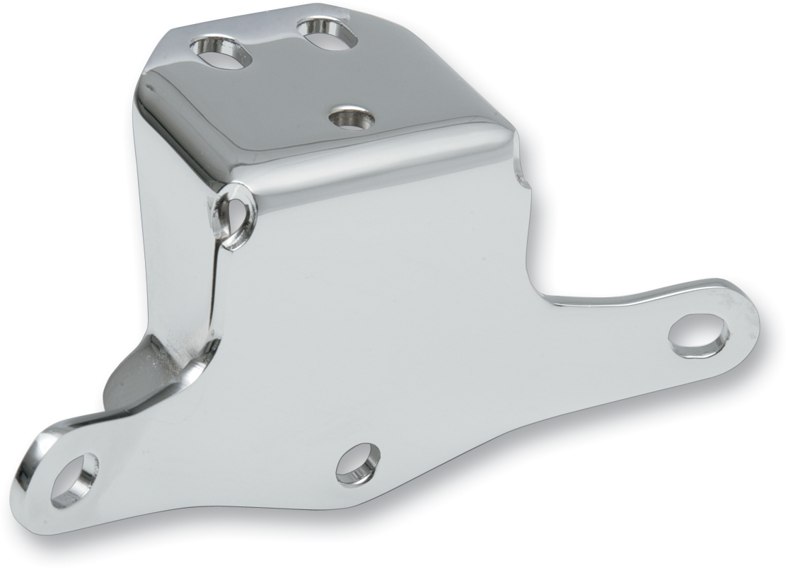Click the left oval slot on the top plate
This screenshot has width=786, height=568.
(x=222, y=53)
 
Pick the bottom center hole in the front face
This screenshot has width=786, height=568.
(x=358, y=463)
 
